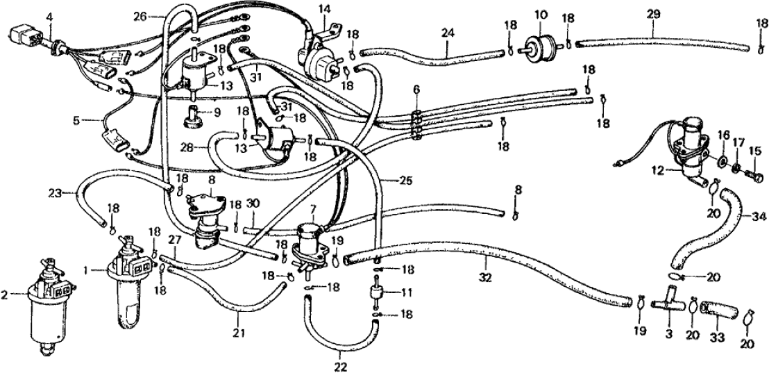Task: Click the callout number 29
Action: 652,14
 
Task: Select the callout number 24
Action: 447,32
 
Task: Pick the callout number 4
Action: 49,15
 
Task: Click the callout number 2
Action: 6,295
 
